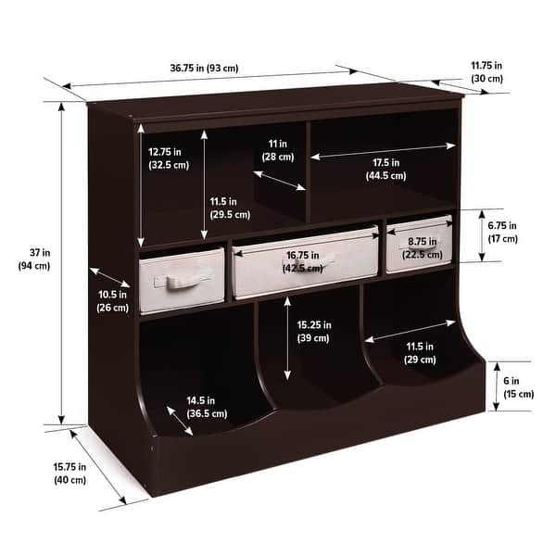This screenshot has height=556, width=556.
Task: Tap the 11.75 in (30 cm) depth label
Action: click(x=486, y=71)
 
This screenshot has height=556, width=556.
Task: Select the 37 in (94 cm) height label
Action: click(x=33, y=259)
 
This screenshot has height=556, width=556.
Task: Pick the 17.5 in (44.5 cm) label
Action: click(x=385, y=168)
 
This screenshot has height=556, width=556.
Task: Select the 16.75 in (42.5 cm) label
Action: click(x=304, y=260)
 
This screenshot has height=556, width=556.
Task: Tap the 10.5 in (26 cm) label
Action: click(x=112, y=300)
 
